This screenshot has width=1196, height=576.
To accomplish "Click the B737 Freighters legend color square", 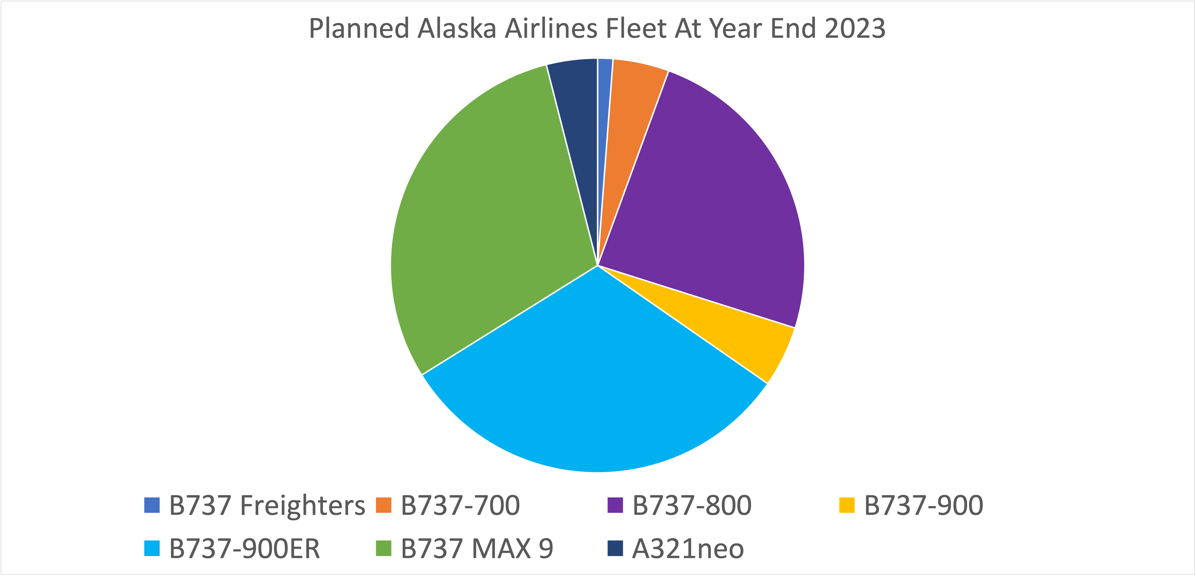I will (152, 505).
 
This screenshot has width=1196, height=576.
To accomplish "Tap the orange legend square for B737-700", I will (383, 505).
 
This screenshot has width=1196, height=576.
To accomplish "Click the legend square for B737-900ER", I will (152, 548).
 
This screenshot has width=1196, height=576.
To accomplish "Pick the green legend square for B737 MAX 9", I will (383, 548).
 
